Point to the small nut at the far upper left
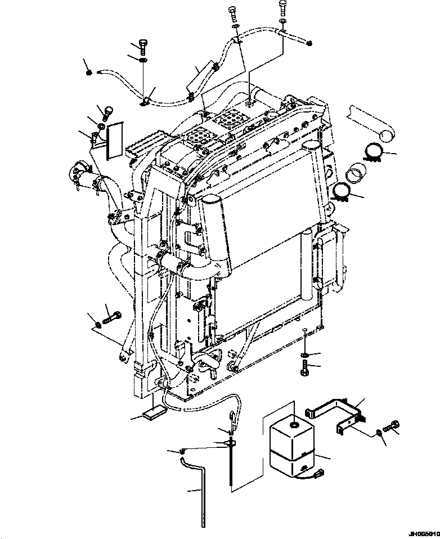(x=89, y=71)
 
